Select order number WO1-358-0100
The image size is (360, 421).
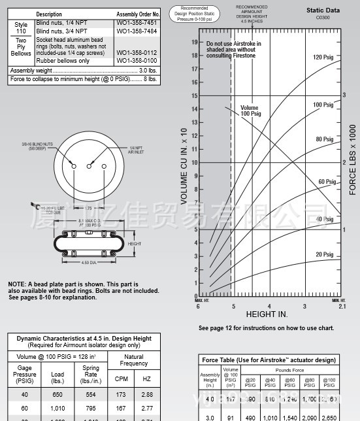[137, 61]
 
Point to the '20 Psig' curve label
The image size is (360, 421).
[324, 254]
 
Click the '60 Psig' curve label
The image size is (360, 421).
[327, 182]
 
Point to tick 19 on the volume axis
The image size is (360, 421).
[194, 42]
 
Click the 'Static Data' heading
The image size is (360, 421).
[323, 10]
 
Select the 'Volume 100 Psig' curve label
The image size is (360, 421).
[250, 110]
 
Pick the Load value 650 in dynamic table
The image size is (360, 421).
[57, 396]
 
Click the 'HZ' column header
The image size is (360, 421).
[147, 379]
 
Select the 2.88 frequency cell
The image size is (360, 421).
[147, 396]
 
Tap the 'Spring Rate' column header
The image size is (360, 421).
[91, 374]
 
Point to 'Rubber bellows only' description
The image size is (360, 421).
[62, 61]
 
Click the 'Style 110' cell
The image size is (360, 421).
[21, 27]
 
